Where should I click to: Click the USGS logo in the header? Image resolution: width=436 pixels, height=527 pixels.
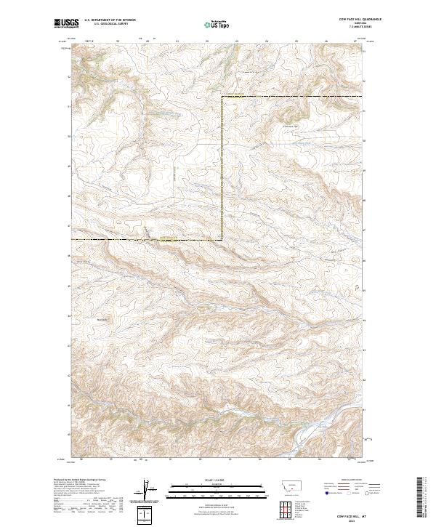66,23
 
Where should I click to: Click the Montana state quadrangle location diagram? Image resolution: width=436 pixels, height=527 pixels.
283,486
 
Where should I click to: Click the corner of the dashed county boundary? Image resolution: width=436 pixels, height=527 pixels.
222,97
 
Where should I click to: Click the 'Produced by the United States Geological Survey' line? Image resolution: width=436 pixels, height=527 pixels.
73,480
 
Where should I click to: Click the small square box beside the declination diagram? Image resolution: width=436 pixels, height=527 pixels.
146,514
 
